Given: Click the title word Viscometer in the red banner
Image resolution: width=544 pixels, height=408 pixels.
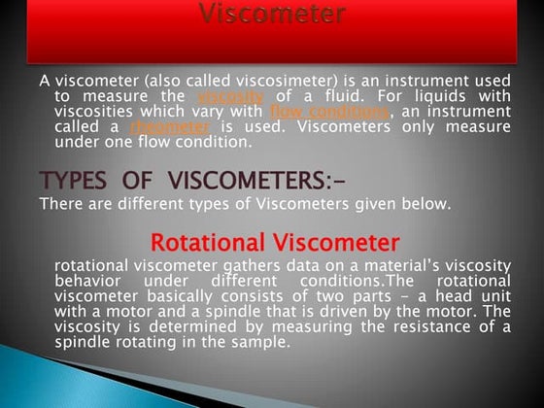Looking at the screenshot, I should [272, 14].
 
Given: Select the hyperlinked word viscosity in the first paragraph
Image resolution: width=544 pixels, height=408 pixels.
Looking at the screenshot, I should [230, 97].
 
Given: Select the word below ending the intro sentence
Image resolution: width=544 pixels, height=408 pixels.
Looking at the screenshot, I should [426, 203].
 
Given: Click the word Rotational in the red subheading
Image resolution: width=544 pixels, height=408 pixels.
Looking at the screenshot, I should [207, 242].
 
